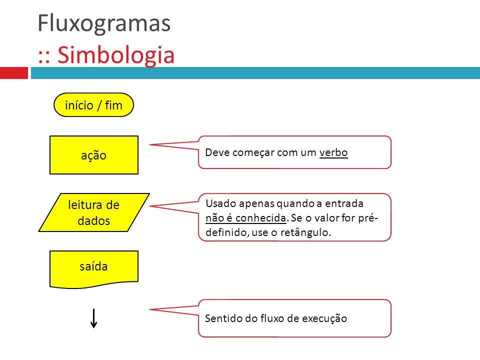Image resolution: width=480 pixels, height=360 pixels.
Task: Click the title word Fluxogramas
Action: pyautogui.click(x=104, y=23)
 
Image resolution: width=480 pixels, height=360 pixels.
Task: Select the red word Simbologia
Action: pyautogui.click(x=115, y=55)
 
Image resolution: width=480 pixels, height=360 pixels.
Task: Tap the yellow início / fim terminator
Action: pyautogui.click(x=94, y=105)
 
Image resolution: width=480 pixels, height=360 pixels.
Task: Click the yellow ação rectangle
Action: pyautogui.click(x=94, y=155)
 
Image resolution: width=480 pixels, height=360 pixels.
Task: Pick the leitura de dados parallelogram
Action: pyautogui.click(x=94, y=212)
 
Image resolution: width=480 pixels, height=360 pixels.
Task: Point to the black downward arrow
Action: pyautogui.click(x=93, y=318)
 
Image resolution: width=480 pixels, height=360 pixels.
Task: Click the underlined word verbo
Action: pyautogui.click(x=333, y=152)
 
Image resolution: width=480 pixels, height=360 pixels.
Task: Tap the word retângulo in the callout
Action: pyautogui.click(x=308, y=232)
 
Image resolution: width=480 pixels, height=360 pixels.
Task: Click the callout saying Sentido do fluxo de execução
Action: pyautogui.click(x=294, y=318)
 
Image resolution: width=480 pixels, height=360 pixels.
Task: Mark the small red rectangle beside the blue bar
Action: pyautogui.click(x=13, y=73)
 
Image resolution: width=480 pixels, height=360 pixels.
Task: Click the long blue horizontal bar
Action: pyautogui.click(x=255, y=73)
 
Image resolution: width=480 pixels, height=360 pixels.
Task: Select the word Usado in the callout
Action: pyautogui.click(x=219, y=203)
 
